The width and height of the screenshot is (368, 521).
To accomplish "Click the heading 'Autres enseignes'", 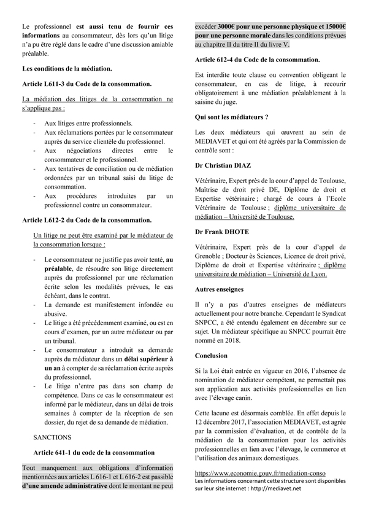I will pos(220,289).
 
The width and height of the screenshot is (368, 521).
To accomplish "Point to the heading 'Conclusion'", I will pos(211,356).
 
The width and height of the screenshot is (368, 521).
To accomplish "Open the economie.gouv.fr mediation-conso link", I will pos(260,474).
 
